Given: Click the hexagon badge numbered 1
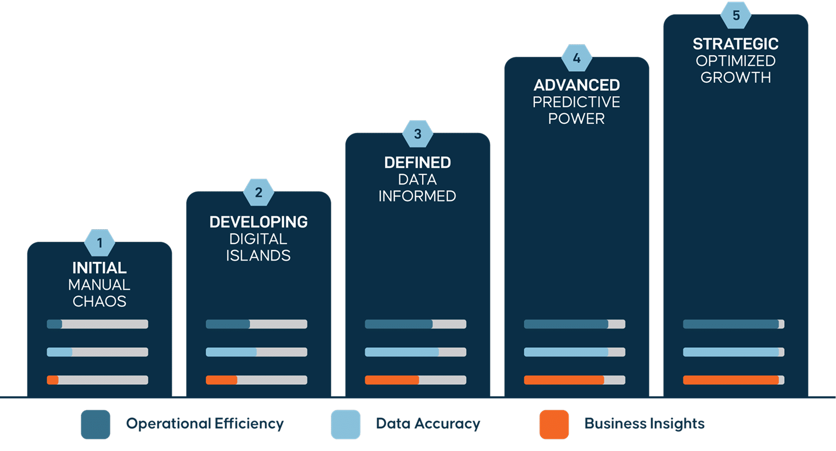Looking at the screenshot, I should click(99, 243).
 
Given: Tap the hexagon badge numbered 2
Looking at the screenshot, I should click(259, 192).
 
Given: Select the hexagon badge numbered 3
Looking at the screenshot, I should click(418, 134).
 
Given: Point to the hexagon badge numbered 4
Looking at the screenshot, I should click(576, 58).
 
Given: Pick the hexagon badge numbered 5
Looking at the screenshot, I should click(736, 16).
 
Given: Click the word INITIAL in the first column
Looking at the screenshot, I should click(99, 268).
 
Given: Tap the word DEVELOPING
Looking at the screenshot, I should click(259, 222).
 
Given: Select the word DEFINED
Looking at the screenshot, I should click(418, 163).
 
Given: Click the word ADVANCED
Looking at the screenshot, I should click(576, 85).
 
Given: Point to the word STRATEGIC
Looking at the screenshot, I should click(736, 44).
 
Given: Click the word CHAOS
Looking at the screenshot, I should click(99, 301).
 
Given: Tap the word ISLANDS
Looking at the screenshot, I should click(258, 255).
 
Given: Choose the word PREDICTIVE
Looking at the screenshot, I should click(576, 102).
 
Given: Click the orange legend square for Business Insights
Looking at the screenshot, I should click(554, 424).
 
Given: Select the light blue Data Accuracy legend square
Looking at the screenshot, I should click(346, 424).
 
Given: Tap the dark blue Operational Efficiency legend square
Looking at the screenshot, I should click(96, 424).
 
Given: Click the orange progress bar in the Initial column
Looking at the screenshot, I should click(97, 380).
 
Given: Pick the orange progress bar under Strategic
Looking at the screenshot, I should click(733, 380).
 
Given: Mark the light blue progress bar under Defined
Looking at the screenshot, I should click(415, 352).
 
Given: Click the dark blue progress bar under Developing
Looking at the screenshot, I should click(256, 324).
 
